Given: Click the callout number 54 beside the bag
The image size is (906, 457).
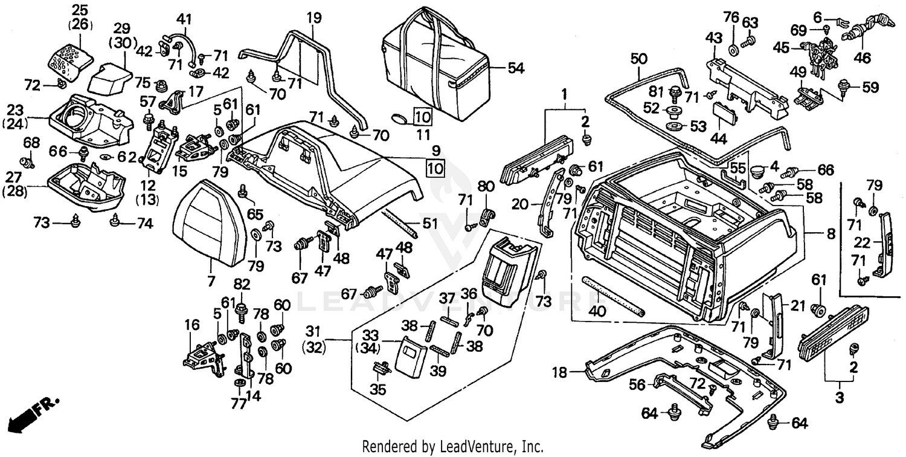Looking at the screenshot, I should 515,68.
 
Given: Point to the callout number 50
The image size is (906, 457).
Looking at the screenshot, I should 638,59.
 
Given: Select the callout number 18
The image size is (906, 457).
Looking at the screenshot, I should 560,373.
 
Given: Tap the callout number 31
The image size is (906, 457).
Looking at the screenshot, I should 312,331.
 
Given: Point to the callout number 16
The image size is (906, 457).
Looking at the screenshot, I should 192,326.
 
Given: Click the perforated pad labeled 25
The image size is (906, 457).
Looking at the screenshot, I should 70,58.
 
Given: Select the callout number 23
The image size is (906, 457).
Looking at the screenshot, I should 15,110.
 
